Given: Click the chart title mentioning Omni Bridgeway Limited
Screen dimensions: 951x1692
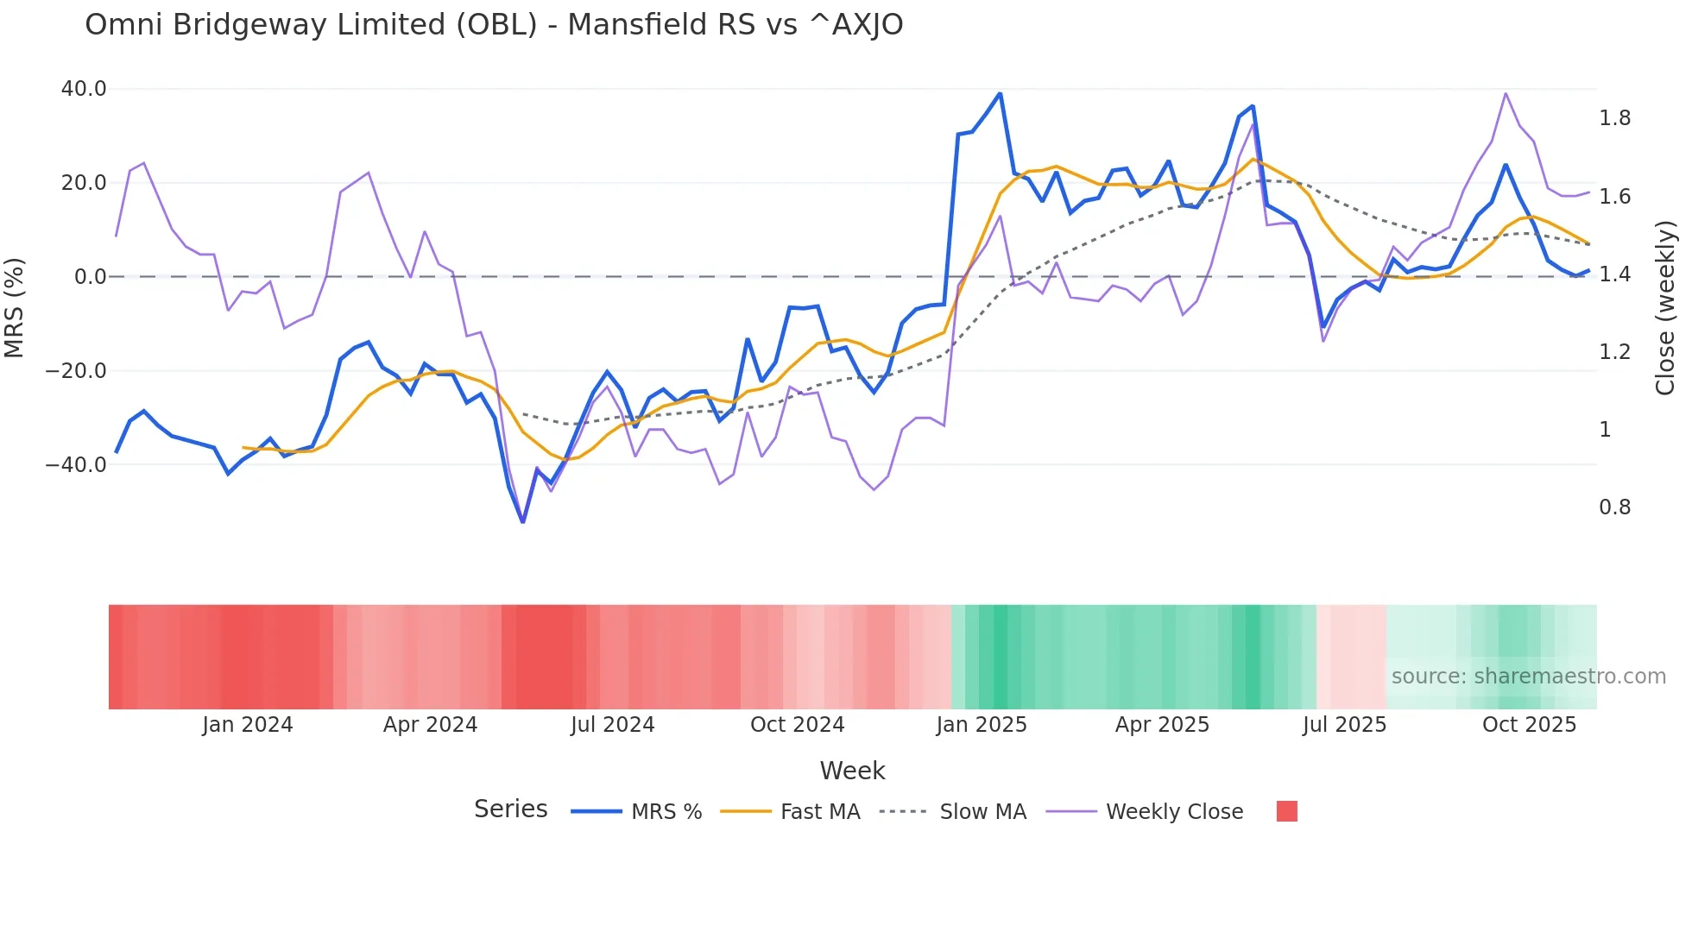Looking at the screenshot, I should click(494, 25).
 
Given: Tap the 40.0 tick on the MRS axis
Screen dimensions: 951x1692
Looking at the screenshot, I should click(84, 89).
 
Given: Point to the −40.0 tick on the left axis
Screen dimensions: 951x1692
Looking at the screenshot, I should click(76, 464).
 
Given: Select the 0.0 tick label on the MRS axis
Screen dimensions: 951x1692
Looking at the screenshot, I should click(90, 277).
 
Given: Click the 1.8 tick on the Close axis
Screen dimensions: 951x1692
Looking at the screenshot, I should click(1614, 118).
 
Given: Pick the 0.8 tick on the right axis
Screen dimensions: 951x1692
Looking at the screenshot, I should click(1614, 507).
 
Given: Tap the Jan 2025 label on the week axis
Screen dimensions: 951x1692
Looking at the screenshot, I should click(982, 725).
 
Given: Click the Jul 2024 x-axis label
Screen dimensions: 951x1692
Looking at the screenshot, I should click(612, 725).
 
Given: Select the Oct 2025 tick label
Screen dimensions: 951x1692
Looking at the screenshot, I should click(1529, 725).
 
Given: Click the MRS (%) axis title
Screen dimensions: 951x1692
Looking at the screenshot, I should click(15, 308).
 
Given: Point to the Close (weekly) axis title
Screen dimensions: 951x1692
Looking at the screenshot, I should click(1665, 308).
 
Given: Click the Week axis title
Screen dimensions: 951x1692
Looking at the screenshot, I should click(852, 771).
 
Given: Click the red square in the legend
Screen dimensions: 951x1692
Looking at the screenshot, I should click(1286, 811).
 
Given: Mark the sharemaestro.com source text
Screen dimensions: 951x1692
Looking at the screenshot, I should click(1528, 677).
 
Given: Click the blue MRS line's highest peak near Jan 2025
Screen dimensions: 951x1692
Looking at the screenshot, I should click(1000, 94).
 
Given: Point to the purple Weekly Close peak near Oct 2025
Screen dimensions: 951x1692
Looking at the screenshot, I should click(1506, 93).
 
